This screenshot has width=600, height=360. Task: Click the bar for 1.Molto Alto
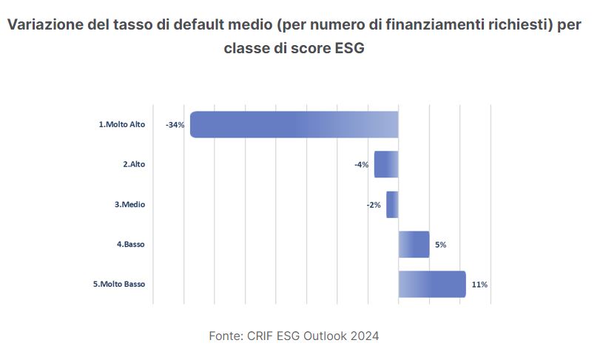pos(294,124)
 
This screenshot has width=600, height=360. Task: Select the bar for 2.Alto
pos(386,164)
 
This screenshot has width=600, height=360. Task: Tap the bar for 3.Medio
pos(392,205)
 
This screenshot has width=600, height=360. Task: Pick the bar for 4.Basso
pos(414,245)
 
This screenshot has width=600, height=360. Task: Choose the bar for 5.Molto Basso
pos(432,285)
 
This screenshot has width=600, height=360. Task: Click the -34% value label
pos(175,125)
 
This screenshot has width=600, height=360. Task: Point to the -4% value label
pos(362,165)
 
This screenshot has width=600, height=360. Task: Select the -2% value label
pos(374,205)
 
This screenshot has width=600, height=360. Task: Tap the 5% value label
pos(440,245)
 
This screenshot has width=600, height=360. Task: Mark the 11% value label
pos(479,285)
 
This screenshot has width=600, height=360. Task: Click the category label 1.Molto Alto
pos(122,125)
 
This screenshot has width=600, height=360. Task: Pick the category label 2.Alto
pos(134,165)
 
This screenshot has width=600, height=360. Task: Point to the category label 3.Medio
pos(129,205)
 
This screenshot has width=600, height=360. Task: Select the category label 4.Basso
pos(130,245)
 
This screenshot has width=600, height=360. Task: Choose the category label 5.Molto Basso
pos(119,285)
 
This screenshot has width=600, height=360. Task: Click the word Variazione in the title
pos(45,24)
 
